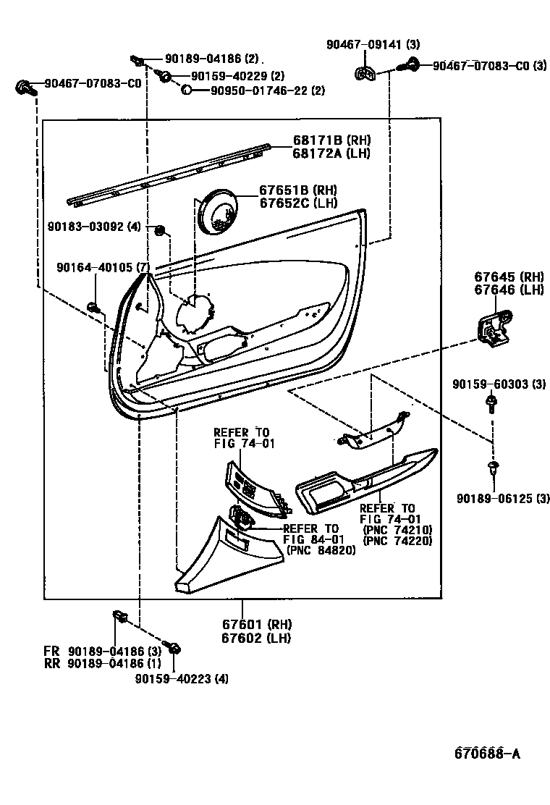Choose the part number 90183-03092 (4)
tap(104, 227)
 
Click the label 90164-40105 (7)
tap(103, 268)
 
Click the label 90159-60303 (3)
tap(499, 384)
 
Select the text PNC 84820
tap(321, 551)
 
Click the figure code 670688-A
tap(487, 754)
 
